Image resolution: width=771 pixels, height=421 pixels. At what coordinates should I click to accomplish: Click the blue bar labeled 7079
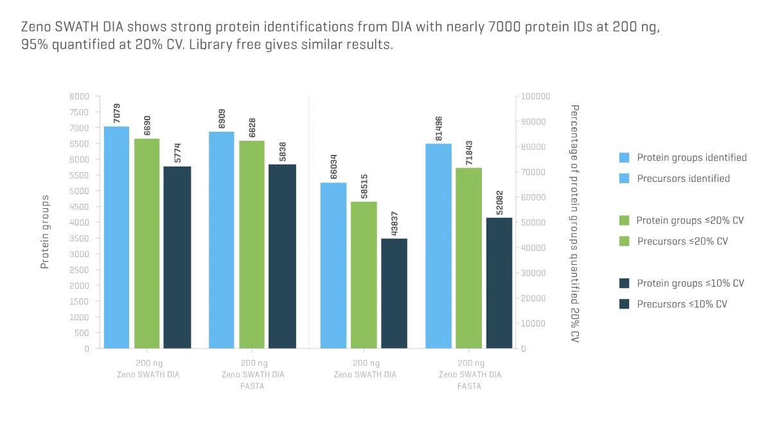click(x=116, y=237)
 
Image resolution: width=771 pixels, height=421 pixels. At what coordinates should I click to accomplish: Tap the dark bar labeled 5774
click(x=177, y=257)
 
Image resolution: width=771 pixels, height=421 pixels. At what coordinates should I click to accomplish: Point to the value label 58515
click(x=364, y=186)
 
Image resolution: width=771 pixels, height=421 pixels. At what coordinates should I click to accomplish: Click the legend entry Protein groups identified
click(x=691, y=157)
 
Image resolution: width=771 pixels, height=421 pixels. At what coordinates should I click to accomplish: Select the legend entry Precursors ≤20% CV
click(x=682, y=242)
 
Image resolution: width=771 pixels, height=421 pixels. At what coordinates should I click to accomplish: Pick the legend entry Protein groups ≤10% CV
click(x=690, y=283)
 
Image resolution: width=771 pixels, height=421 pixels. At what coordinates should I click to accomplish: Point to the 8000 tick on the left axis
click(x=80, y=96)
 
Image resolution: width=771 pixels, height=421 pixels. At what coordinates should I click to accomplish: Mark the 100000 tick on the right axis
click(x=536, y=96)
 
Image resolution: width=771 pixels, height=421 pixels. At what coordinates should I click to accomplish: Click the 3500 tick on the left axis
click(x=80, y=238)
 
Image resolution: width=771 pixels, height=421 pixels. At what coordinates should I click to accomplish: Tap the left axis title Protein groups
click(x=45, y=232)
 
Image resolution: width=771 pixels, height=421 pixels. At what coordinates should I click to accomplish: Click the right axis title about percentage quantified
click(x=575, y=222)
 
